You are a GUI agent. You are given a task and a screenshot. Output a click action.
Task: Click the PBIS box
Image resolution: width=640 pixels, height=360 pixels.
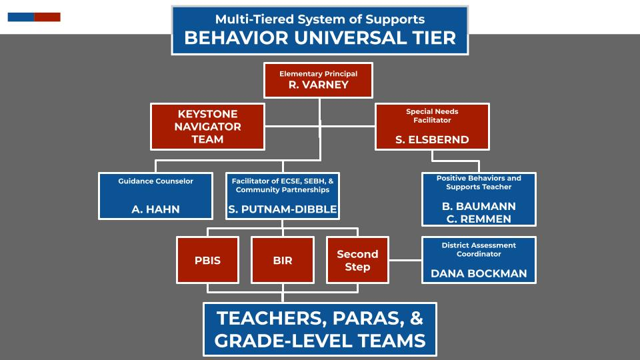[207, 260]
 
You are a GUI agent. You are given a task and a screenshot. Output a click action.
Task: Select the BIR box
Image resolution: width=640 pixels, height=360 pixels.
[283, 260]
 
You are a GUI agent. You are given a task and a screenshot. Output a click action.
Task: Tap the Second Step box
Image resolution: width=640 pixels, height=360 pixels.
[357, 260]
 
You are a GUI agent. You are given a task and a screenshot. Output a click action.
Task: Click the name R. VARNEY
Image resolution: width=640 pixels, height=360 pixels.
[319, 85]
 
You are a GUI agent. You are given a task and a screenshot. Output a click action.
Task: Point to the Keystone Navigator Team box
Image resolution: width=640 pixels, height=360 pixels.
[207, 127]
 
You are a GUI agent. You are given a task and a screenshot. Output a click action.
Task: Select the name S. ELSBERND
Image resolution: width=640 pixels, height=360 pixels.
[432, 139]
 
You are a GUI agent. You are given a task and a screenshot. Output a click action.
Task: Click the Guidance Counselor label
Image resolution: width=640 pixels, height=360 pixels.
[155, 181]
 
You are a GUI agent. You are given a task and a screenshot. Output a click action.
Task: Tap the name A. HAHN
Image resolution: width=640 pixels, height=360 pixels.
[155, 209]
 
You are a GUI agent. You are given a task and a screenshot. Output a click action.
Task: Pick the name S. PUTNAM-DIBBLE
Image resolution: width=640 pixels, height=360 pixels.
[283, 209]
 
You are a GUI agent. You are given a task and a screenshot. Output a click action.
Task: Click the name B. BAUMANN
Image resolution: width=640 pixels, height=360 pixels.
[479, 206]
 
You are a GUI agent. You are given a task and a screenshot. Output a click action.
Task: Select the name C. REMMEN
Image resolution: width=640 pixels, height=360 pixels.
[479, 219]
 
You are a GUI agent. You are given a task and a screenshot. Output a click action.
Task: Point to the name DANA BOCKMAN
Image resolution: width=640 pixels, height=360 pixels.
[479, 273]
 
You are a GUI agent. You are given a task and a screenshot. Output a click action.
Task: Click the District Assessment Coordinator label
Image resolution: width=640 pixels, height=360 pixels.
[479, 249]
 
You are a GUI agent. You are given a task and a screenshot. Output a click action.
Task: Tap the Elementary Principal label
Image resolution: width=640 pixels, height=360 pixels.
[319, 74]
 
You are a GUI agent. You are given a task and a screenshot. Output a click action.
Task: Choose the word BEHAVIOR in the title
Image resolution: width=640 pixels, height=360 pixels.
[236, 38]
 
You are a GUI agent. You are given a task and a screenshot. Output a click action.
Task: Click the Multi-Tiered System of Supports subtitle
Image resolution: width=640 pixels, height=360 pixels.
[320, 19]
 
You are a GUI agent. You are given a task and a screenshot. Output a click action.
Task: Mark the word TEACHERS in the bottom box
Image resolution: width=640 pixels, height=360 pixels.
[271, 319]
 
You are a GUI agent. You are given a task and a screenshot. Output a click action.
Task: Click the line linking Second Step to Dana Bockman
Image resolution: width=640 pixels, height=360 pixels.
[405, 260]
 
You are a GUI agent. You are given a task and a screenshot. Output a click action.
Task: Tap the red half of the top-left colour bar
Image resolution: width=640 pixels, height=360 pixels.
[47, 17]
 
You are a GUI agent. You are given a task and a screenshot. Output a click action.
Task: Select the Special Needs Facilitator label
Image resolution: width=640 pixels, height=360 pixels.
[432, 115]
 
